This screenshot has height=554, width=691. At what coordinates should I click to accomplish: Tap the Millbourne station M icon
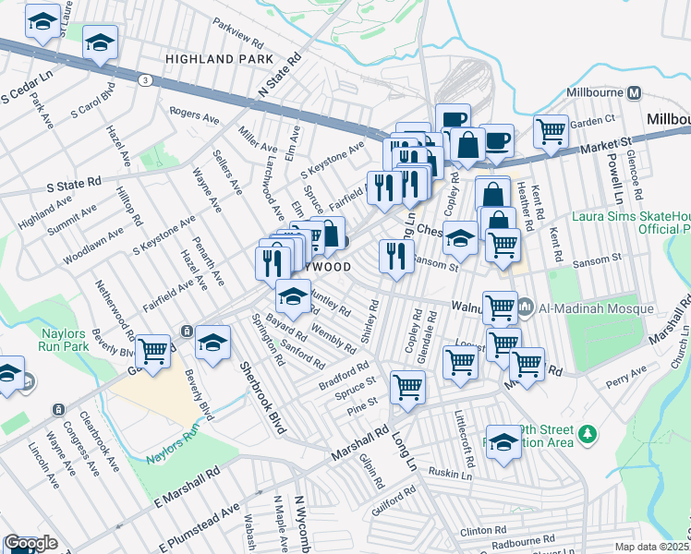634,93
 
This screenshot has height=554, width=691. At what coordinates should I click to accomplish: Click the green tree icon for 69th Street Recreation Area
584,433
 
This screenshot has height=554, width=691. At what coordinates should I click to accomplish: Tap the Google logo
30,544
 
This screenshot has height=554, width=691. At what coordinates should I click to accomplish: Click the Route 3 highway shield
145,81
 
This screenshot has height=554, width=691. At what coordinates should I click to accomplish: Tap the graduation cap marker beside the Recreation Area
503,441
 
